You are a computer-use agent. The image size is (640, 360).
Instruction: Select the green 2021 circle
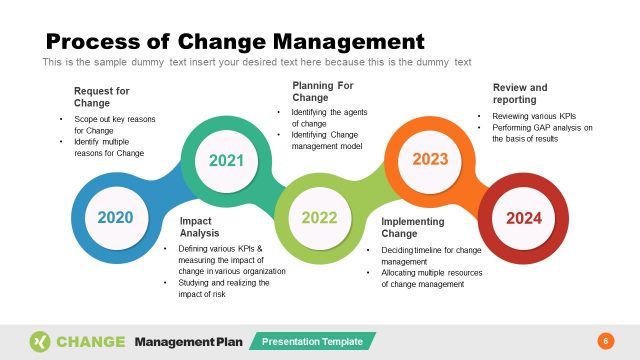point(225,159)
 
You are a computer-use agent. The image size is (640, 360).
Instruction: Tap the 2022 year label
point(319,217)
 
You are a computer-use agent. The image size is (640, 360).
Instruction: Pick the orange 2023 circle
point(430,159)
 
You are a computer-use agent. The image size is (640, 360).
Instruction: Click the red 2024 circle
point(523,217)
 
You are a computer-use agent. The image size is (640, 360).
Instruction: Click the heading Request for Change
point(101,97)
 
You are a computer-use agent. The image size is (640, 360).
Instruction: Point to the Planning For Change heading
point(322,92)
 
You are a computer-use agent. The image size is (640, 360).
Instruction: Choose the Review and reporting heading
point(520,94)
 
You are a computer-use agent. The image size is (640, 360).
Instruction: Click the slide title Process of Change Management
point(236,41)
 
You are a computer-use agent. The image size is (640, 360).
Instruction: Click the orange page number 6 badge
point(604,341)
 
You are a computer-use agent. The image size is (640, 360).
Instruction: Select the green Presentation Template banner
point(312,342)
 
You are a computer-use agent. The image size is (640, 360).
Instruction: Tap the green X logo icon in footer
point(40,341)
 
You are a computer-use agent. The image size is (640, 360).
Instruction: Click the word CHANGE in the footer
point(91,341)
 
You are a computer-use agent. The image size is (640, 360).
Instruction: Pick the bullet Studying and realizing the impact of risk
point(223,289)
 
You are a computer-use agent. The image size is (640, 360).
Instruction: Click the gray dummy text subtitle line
point(256,62)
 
